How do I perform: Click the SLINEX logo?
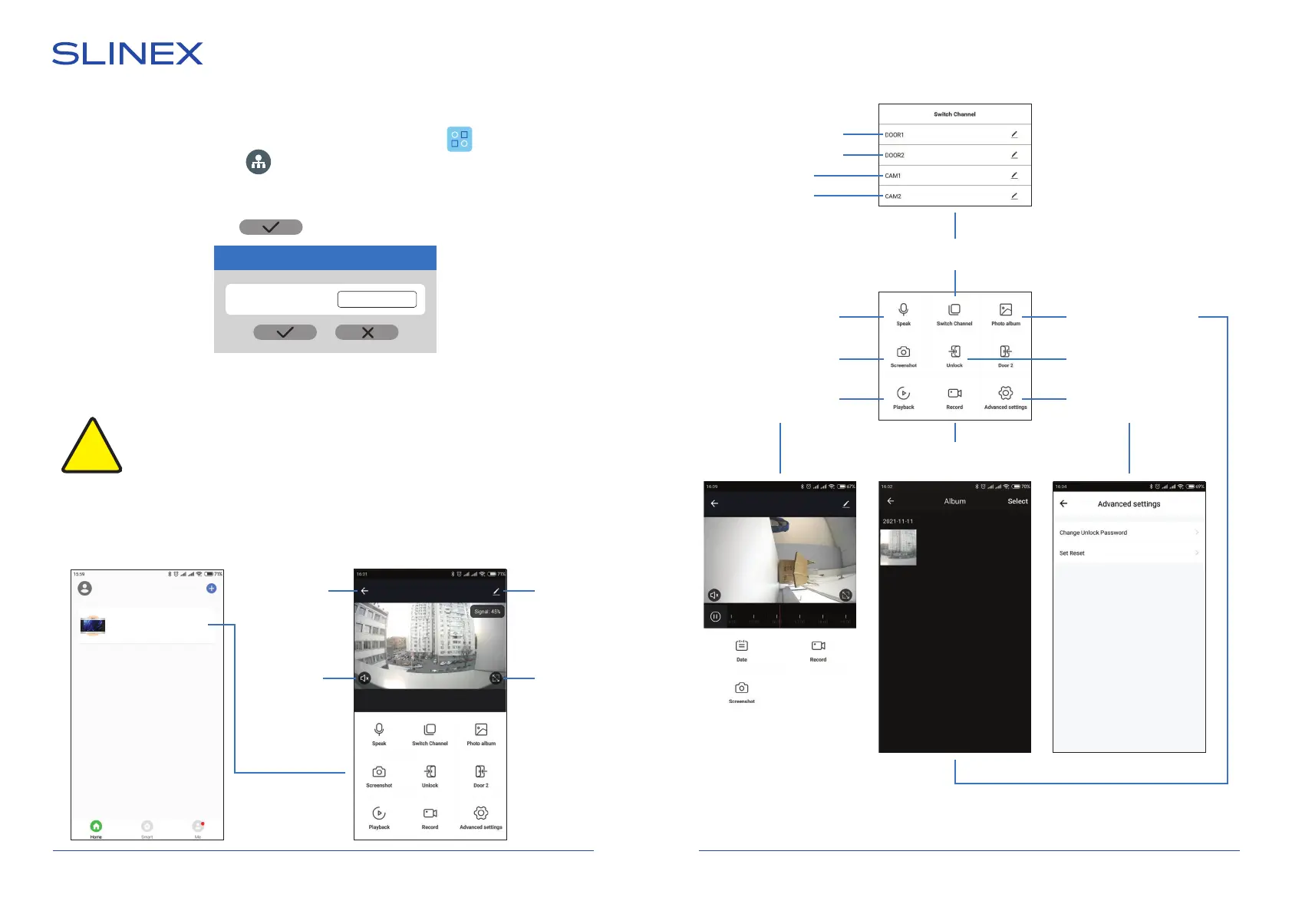point(127,54)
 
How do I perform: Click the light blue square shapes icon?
point(460,139)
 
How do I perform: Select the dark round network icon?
point(259,162)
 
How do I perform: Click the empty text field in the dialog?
point(377,299)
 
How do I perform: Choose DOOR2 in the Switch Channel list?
point(895,155)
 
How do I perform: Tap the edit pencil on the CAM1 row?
point(1014,175)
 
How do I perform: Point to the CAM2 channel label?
point(893,196)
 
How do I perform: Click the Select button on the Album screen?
point(1017,501)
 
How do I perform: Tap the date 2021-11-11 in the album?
point(898,521)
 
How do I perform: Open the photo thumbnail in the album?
point(898,547)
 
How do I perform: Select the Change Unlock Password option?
point(1093,533)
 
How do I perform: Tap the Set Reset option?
point(1072,553)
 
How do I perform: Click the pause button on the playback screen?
point(715,616)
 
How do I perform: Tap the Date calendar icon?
point(741,646)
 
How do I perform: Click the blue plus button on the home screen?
point(212,589)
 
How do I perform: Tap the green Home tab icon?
point(96,826)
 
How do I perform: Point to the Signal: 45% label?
point(487,612)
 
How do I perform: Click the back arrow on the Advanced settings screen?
point(1063,503)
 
